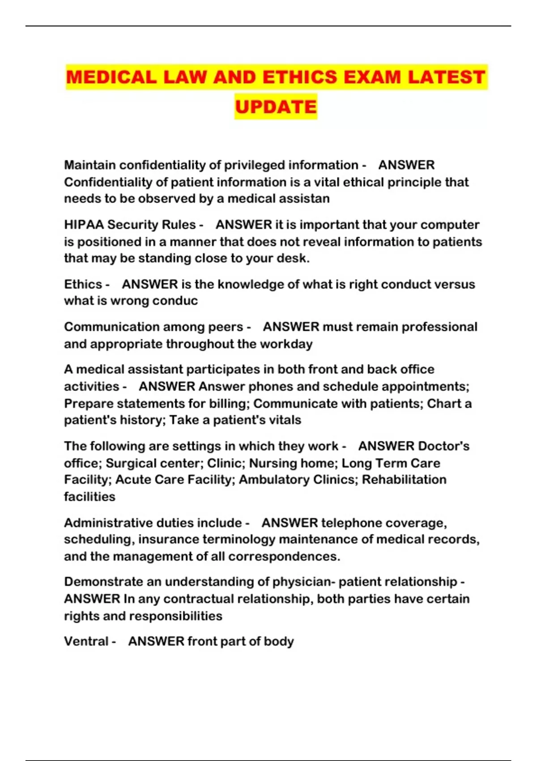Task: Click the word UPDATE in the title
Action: [x=276, y=107]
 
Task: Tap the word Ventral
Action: [x=86, y=641]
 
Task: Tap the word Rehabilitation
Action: [x=404, y=479]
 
